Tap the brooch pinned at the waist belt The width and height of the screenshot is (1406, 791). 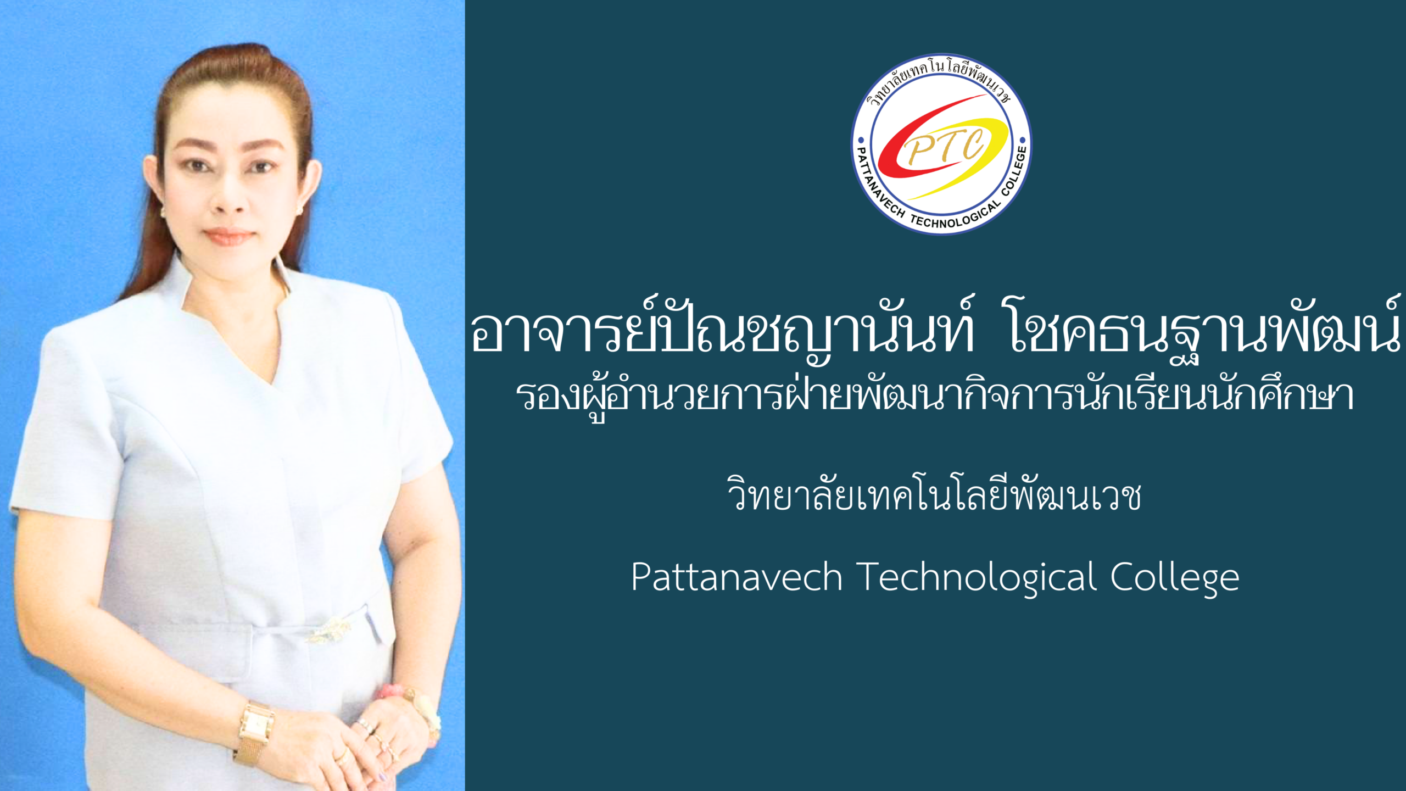(330, 631)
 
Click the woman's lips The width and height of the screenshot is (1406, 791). (228, 236)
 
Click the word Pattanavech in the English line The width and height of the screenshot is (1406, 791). (737, 577)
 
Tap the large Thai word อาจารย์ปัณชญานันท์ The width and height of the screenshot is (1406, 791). (723, 330)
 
